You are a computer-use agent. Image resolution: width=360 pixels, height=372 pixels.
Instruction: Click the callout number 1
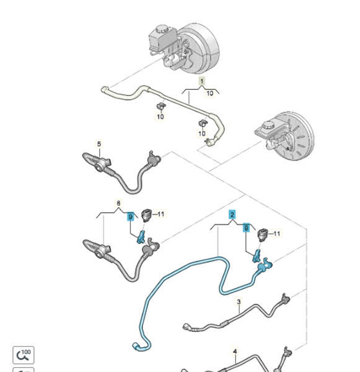point(202,81)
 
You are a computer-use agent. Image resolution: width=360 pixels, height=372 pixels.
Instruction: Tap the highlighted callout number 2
point(232,215)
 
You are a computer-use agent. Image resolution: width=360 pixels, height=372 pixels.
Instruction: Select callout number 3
point(239,301)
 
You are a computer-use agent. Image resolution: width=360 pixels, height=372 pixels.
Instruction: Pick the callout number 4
point(235,351)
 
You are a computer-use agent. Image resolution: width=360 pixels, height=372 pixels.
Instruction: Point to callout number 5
point(99,144)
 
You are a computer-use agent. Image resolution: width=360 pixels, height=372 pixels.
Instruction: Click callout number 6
point(118,203)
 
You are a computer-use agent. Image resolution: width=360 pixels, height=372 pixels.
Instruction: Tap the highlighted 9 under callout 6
point(130,216)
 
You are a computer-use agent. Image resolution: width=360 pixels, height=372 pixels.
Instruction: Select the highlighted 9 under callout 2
point(247,228)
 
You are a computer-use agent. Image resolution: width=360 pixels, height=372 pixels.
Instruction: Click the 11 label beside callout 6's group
point(160,214)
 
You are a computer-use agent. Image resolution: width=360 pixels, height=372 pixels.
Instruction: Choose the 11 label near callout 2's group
point(277,234)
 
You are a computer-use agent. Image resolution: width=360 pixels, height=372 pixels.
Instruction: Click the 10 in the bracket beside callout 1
point(210,93)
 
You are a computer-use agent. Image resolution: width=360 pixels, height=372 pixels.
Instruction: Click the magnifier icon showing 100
point(24,355)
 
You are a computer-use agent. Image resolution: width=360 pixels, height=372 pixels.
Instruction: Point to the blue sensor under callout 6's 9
point(141,237)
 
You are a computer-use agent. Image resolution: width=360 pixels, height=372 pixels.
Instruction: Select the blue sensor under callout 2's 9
point(257,256)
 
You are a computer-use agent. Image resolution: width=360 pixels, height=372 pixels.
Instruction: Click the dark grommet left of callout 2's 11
point(263,235)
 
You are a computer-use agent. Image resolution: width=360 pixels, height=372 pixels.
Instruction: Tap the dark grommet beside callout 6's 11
point(146,215)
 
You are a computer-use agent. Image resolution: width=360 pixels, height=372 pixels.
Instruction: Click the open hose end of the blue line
point(135,345)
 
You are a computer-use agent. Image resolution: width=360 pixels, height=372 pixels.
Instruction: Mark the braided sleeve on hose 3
point(225,323)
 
